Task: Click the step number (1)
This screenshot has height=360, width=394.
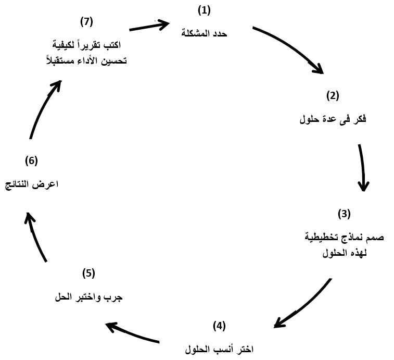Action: pyautogui.click(x=204, y=11)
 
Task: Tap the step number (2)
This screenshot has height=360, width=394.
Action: pyautogui.click(x=333, y=96)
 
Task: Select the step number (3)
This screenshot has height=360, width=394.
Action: pyautogui.click(x=344, y=214)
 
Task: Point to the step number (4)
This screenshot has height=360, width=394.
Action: pyautogui.click(x=219, y=326)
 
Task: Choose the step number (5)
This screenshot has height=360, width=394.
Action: pyautogui.click(x=88, y=274)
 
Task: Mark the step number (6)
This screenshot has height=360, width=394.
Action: pyautogui.click(x=31, y=161)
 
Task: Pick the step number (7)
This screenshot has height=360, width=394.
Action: pyautogui.click(x=86, y=22)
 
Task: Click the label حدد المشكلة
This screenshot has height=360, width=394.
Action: pyautogui.click(x=204, y=33)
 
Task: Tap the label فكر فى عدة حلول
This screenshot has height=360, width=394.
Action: pyautogui.click(x=333, y=119)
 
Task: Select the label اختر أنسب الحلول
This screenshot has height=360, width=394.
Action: pyautogui.click(x=219, y=350)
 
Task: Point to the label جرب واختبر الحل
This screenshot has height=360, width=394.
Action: pyautogui.click(x=88, y=297)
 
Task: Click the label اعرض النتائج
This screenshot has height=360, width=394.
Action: pyautogui.click(x=32, y=184)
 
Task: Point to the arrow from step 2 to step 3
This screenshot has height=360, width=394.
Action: pyautogui.click(x=363, y=167)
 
